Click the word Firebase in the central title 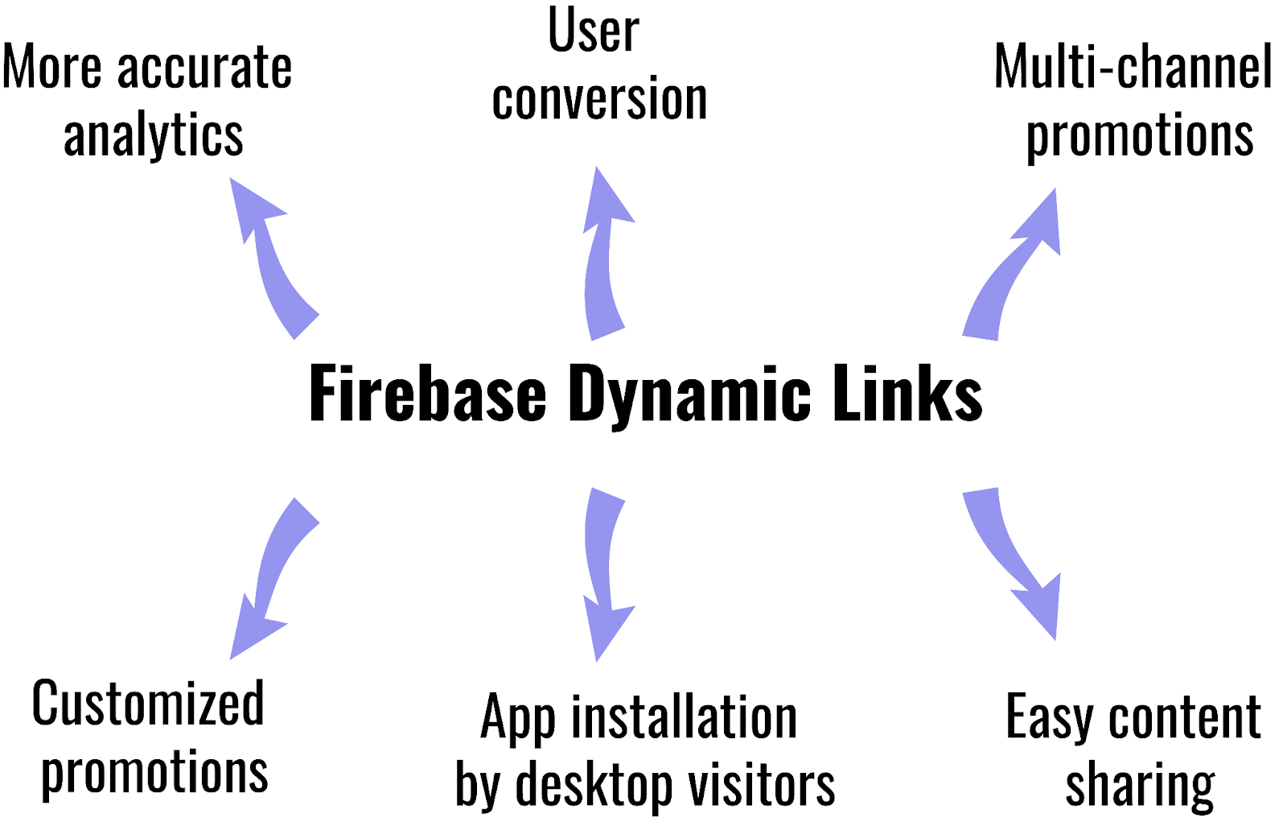tap(427, 394)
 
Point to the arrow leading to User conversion tap(604, 258)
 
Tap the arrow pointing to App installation tap(603, 572)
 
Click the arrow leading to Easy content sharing tap(1014, 564)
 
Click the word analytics tap(153, 135)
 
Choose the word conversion tap(599, 100)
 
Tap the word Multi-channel tap(1133, 67)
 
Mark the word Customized tap(148, 704)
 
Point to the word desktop tap(594, 785)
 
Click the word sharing tap(1140, 785)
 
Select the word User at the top tap(594, 31)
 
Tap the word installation tap(684, 717)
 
